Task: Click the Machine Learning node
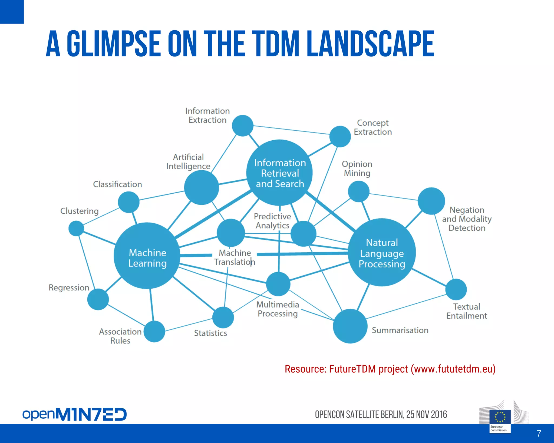pos(147,256)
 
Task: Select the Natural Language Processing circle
pos(382,252)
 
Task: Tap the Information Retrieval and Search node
pos(279,173)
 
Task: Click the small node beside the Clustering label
pos(76,228)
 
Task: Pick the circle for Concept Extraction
pos(340,136)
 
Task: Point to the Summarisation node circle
pos(350,326)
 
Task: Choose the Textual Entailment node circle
pos(456,289)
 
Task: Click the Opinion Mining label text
pos(357,168)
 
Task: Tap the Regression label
pos(69,287)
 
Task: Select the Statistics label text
pos(210,333)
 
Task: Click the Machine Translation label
pos(235,257)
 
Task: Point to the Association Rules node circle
pos(154,331)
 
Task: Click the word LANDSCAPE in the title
pos(371,44)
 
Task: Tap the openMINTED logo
pos(74,414)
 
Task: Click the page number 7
pos(539,434)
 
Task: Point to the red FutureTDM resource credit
pos(390,369)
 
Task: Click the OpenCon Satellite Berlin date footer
pos(381,414)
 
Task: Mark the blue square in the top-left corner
pos(12,12)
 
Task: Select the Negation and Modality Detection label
pos(467,219)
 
